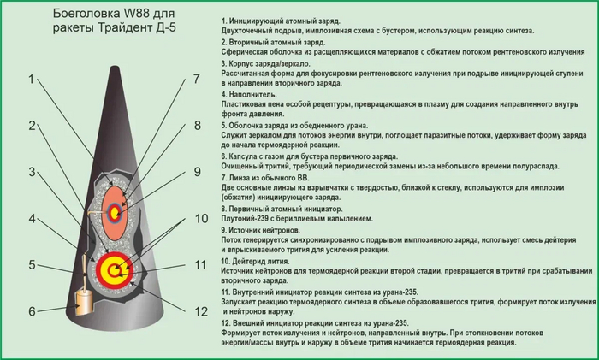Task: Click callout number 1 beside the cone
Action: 33,80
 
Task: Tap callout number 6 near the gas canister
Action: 33,311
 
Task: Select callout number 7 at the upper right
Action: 196,80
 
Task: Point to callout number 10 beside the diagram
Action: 201,219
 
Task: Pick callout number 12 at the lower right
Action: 201,311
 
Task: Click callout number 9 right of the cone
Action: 197,172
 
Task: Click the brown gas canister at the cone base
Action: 83,300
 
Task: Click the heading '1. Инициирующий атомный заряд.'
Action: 280,20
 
